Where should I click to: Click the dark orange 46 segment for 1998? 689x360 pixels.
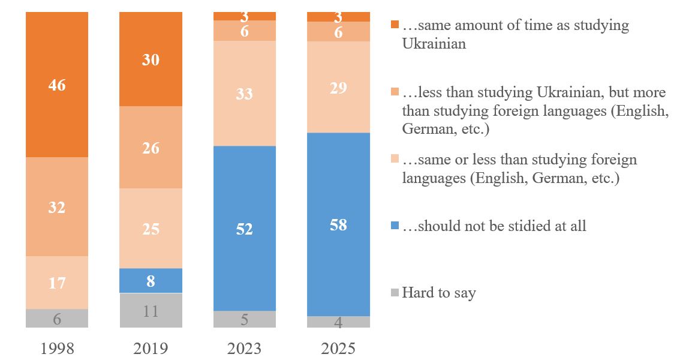pyautogui.click(x=57, y=85)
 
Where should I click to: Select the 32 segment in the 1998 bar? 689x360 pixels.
pyautogui.click(x=57, y=207)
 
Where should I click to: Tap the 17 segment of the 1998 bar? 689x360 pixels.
pyautogui.click(x=57, y=283)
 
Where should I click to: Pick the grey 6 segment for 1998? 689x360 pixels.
pyautogui.click(x=57, y=319)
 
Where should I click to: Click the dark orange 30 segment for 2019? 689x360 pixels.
pyautogui.click(x=151, y=59)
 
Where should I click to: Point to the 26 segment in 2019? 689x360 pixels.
pyautogui.click(x=151, y=148)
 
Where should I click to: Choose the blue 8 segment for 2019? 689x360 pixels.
pyautogui.click(x=151, y=281)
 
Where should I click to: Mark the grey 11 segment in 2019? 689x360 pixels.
pyautogui.click(x=151, y=311)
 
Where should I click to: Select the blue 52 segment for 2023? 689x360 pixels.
pyautogui.click(x=245, y=229)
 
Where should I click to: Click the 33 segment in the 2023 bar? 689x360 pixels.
pyautogui.click(x=245, y=94)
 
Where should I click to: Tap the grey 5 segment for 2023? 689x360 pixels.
pyautogui.click(x=245, y=319)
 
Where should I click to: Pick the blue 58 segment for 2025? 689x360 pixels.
pyautogui.click(x=338, y=224)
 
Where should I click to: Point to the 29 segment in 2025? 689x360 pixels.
pyautogui.click(x=338, y=88)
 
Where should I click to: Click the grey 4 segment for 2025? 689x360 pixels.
pyautogui.click(x=338, y=322)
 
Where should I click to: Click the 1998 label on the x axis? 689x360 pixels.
pyautogui.click(x=57, y=349)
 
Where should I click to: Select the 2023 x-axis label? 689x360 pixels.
pyautogui.click(x=245, y=349)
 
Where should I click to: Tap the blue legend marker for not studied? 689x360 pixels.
pyautogui.click(x=394, y=226)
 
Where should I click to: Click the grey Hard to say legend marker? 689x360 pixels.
pyautogui.click(x=394, y=293)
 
